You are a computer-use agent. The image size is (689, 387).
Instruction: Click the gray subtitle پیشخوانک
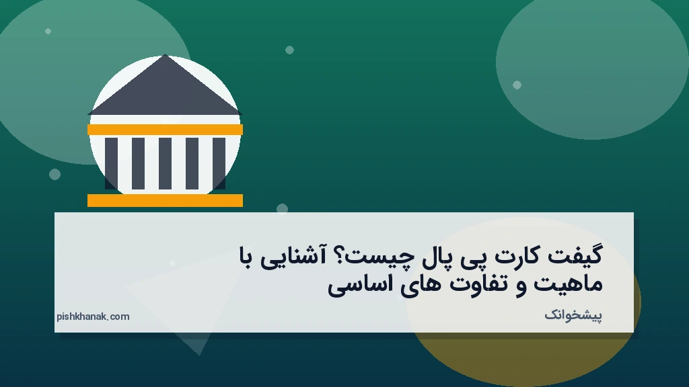(x=573, y=314)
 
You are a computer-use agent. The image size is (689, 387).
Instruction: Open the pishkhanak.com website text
(x=93, y=316)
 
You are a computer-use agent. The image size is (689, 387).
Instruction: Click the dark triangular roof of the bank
(x=165, y=91)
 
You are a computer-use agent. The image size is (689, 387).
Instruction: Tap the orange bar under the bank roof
(x=165, y=130)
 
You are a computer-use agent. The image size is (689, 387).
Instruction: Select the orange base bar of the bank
(x=165, y=200)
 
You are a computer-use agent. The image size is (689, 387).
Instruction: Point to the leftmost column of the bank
(x=111, y=163)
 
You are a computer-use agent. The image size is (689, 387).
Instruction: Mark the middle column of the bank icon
(x=165, y=163)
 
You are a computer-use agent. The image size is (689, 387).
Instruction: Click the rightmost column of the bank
(x=219, y=163)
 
